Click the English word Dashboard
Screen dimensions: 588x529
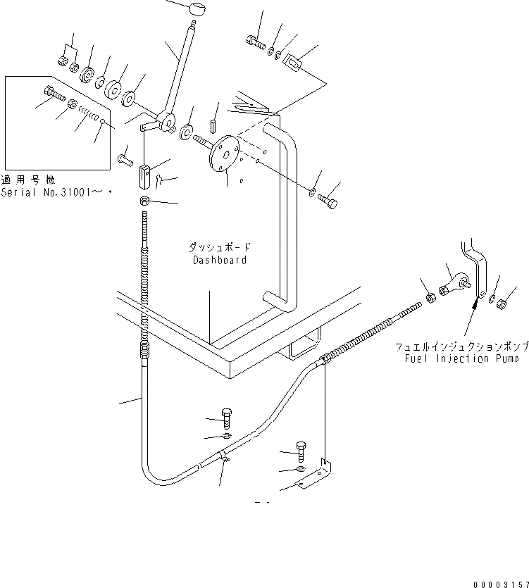(220, 260)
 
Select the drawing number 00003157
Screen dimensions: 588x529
(499, 575)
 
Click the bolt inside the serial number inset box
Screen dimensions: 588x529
(54, 92)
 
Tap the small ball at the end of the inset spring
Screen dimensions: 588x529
(103, 121)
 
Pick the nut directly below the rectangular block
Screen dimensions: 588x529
(144, 203)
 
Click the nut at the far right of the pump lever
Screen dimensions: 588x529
(503, 304)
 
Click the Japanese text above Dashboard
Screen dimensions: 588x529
(219, 248)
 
